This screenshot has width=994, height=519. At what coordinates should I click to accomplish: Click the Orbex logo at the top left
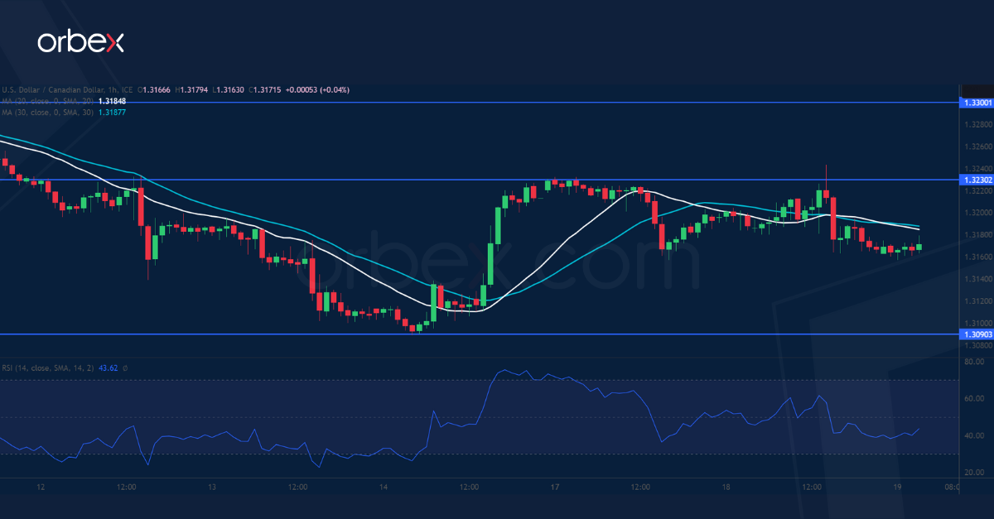[80, 42]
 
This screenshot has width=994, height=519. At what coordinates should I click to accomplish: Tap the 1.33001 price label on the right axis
[975, 103]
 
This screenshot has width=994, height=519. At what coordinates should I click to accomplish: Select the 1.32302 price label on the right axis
[975, 180]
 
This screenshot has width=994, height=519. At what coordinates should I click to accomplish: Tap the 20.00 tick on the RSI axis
[974, 472]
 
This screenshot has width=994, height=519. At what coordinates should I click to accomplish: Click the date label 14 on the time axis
[384, 488]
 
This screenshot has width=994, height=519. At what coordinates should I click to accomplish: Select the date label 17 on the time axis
[555, 488]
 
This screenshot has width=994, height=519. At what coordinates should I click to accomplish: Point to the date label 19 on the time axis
[897, 488]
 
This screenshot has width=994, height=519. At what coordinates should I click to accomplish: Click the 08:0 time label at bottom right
[953, 488]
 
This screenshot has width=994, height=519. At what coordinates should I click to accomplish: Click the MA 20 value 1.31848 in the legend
[112, 101]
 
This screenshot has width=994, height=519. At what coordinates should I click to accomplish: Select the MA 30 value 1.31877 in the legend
[112, 112]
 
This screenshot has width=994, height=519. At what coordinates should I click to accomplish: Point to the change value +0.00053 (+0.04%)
[318, 89]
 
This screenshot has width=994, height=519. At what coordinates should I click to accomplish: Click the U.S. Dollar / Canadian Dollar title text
[54, 89]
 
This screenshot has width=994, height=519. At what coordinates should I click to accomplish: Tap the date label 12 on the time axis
[41, 488]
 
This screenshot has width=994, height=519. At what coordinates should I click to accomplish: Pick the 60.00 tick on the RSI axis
[974, 398]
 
